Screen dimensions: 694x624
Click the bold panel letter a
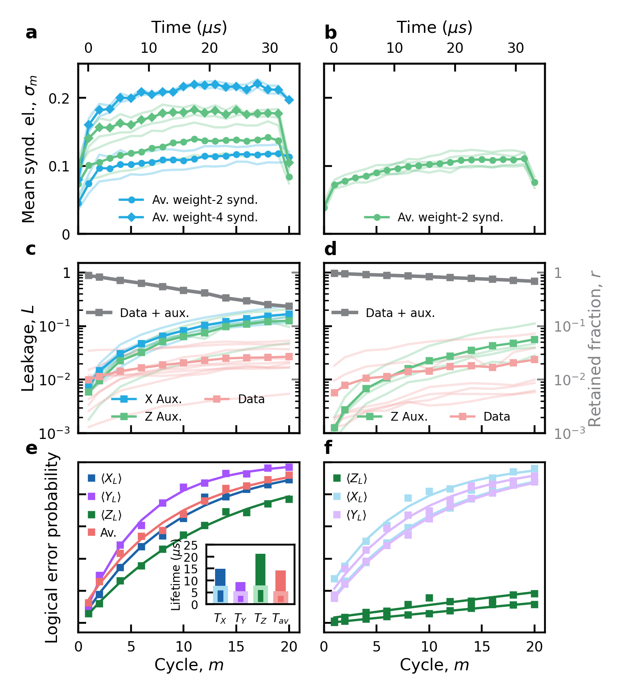(x=31, y=33)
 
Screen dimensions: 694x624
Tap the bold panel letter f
(x=328, y=448)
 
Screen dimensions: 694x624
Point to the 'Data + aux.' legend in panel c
(x=154, y=313)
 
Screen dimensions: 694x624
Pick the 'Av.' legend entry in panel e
(x=108, y=533)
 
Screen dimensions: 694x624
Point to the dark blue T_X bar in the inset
(x=220, y=577)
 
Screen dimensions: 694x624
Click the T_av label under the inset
(x=280, y=619)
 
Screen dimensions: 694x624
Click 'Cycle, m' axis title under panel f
(x=434, y=665)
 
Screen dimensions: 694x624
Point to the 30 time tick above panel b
(x=515, y=48)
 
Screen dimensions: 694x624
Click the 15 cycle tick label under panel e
(x=236, y=647)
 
